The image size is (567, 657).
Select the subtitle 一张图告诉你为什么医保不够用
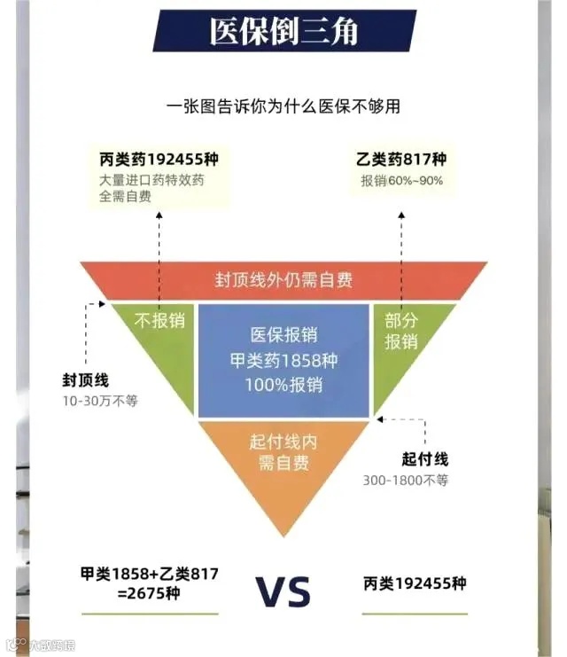(x=283, y=106)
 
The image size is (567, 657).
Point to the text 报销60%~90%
(x=401, y=181)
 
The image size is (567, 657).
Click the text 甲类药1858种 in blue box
(x=283, y=361)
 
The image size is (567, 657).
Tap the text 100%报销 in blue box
(x=283, y=386)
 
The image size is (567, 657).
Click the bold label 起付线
(x=425, y=459)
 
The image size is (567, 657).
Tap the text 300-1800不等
(x=406, y=480)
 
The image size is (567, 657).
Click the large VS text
(x=283, y=591)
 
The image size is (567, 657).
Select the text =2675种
(x=149, y=593)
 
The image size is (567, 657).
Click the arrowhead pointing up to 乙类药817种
(x=400, y=213)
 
